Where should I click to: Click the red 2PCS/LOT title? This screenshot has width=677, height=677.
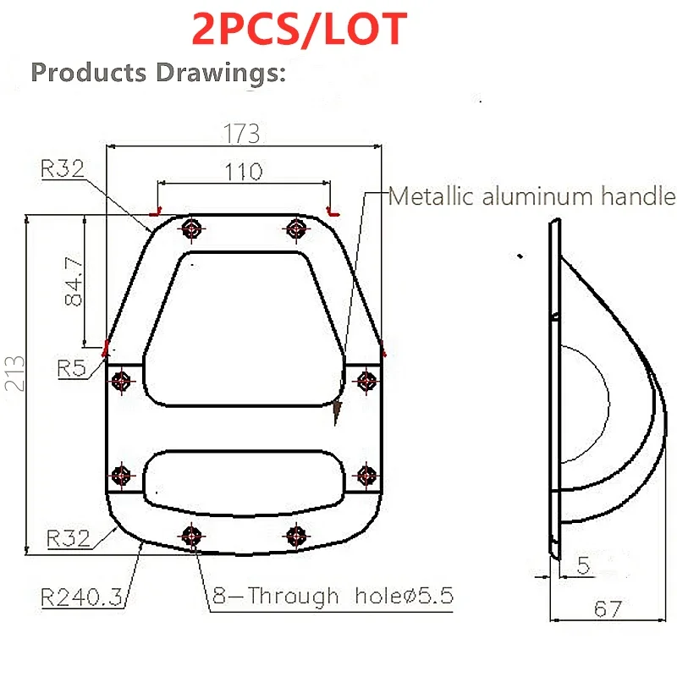[300, 30]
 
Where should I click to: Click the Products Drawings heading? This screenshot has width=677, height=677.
[159, 73]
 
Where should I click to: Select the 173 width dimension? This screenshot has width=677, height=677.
[241, 134]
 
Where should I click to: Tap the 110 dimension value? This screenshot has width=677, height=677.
[243, 171]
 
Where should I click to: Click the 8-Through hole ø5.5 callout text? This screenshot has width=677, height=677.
[332, 596]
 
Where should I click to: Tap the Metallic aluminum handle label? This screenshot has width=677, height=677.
[532, 197]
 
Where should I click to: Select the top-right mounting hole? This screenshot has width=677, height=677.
[295, 227]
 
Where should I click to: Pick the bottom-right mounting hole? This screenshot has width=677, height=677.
[295, 535]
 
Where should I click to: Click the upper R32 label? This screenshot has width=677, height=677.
[62, 168]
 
